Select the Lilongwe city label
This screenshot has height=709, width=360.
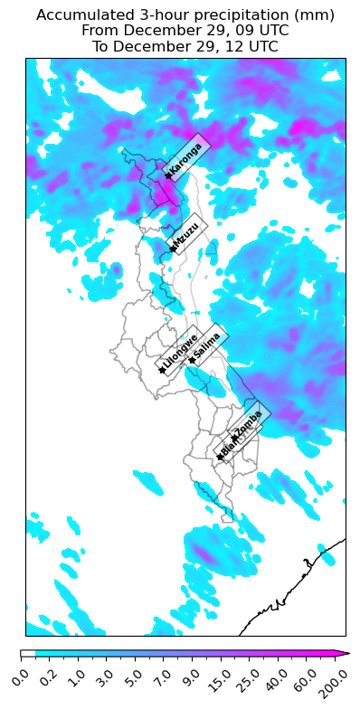(180, 353)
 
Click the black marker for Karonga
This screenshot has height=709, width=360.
(168, 175)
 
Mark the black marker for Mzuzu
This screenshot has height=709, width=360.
(172, 249)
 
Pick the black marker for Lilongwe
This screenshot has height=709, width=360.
(162, 370)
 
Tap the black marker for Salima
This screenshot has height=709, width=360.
(192, 360)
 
